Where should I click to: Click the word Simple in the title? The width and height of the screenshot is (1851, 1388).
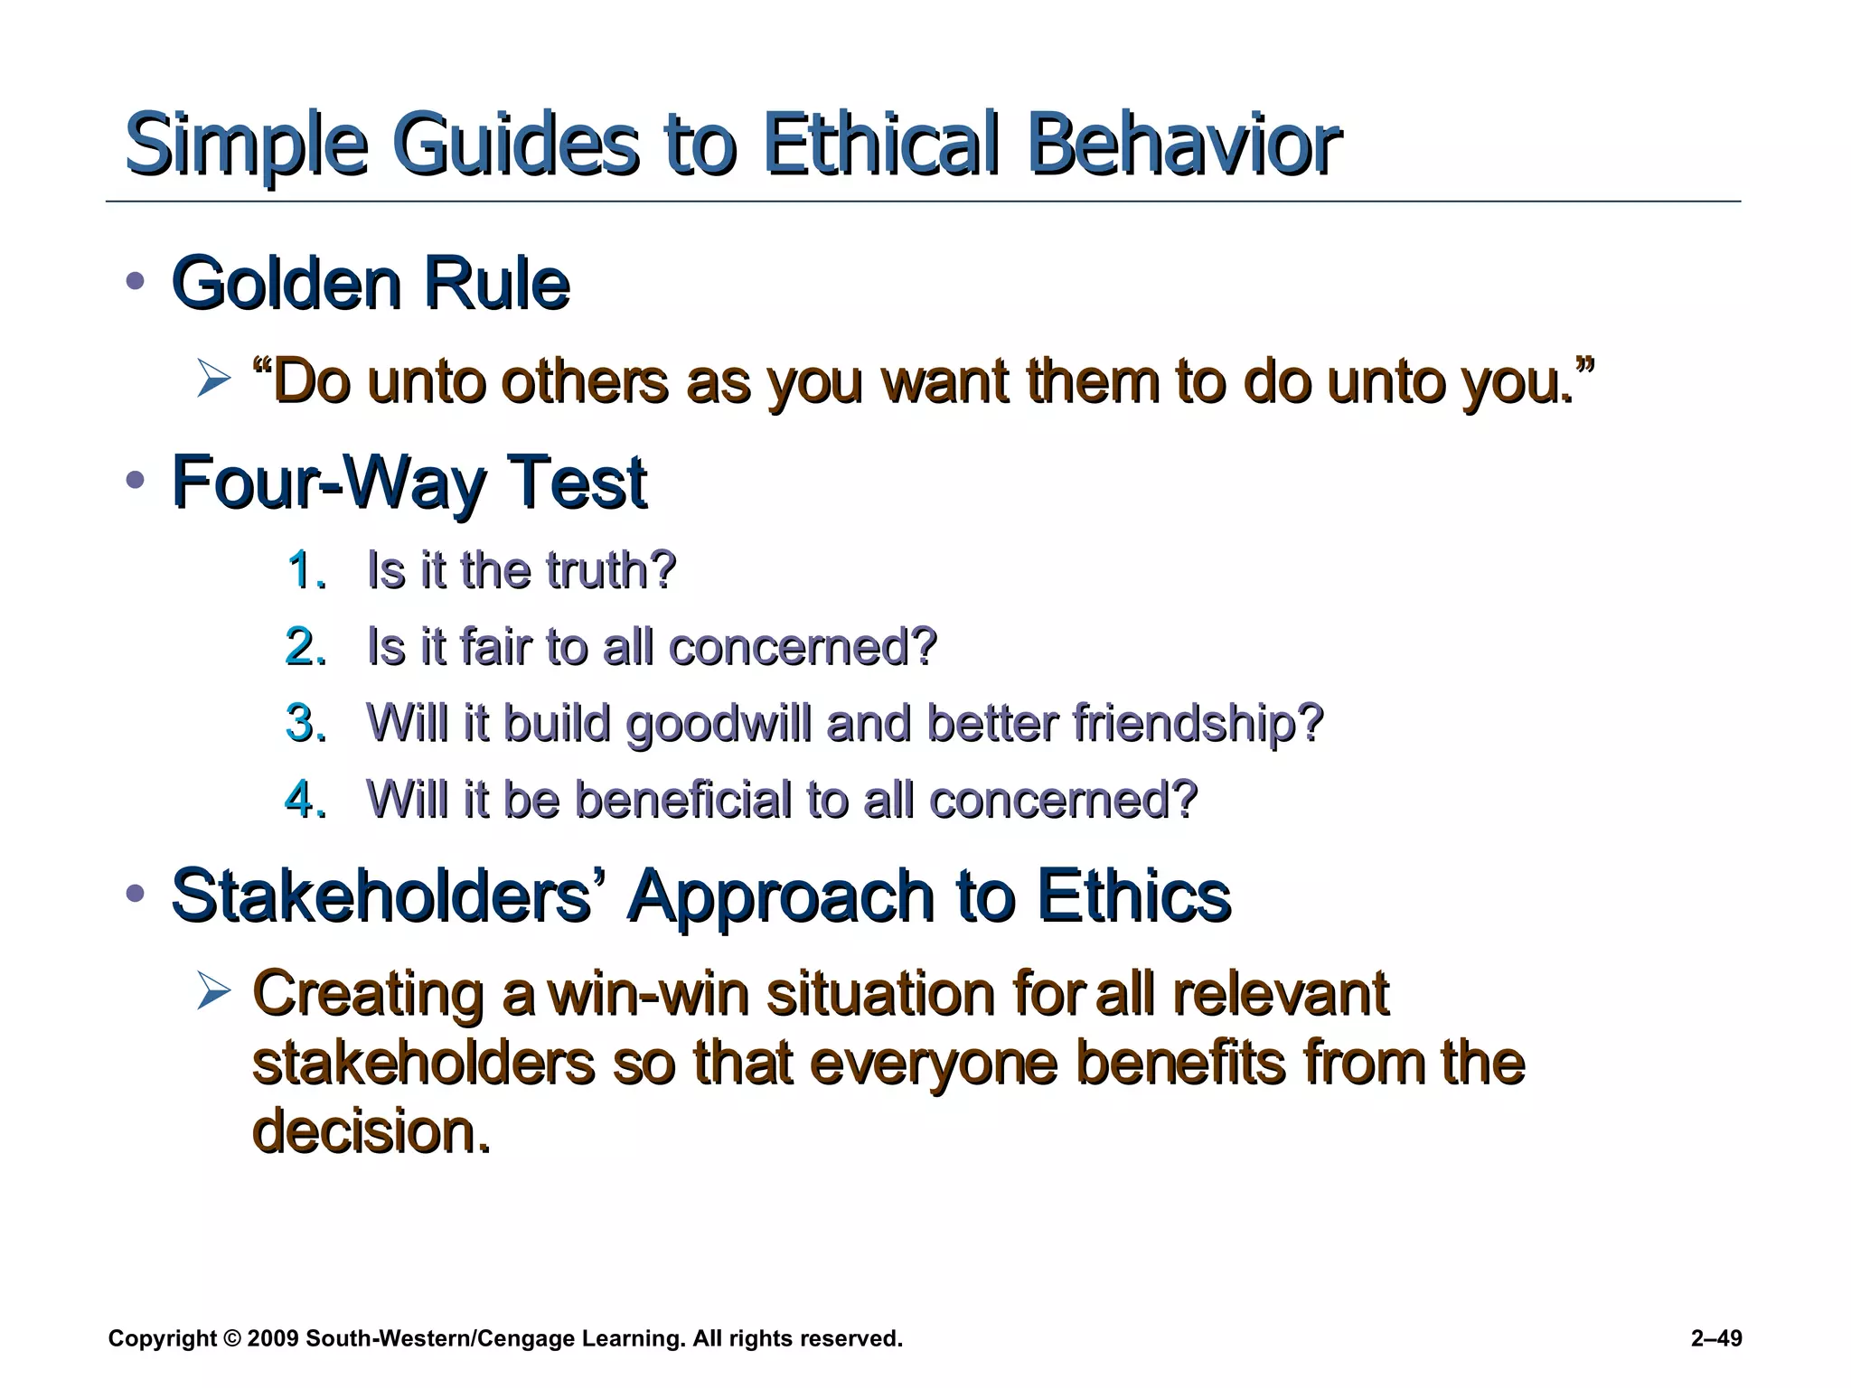point(246,145)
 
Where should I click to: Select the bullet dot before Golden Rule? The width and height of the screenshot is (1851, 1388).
point(136,281)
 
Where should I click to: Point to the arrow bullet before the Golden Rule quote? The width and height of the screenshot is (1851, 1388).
point(213,379)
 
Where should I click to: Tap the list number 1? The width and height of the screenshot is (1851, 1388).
point(305,570)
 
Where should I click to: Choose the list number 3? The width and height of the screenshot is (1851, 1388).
point(305,723)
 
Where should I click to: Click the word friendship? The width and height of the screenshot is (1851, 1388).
point(1198,725)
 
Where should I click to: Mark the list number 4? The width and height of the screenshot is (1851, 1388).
point(305,800)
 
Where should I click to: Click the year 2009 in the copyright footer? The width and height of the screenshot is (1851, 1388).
point(272,1338)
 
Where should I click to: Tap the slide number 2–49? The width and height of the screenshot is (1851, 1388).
point(1715,1338)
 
